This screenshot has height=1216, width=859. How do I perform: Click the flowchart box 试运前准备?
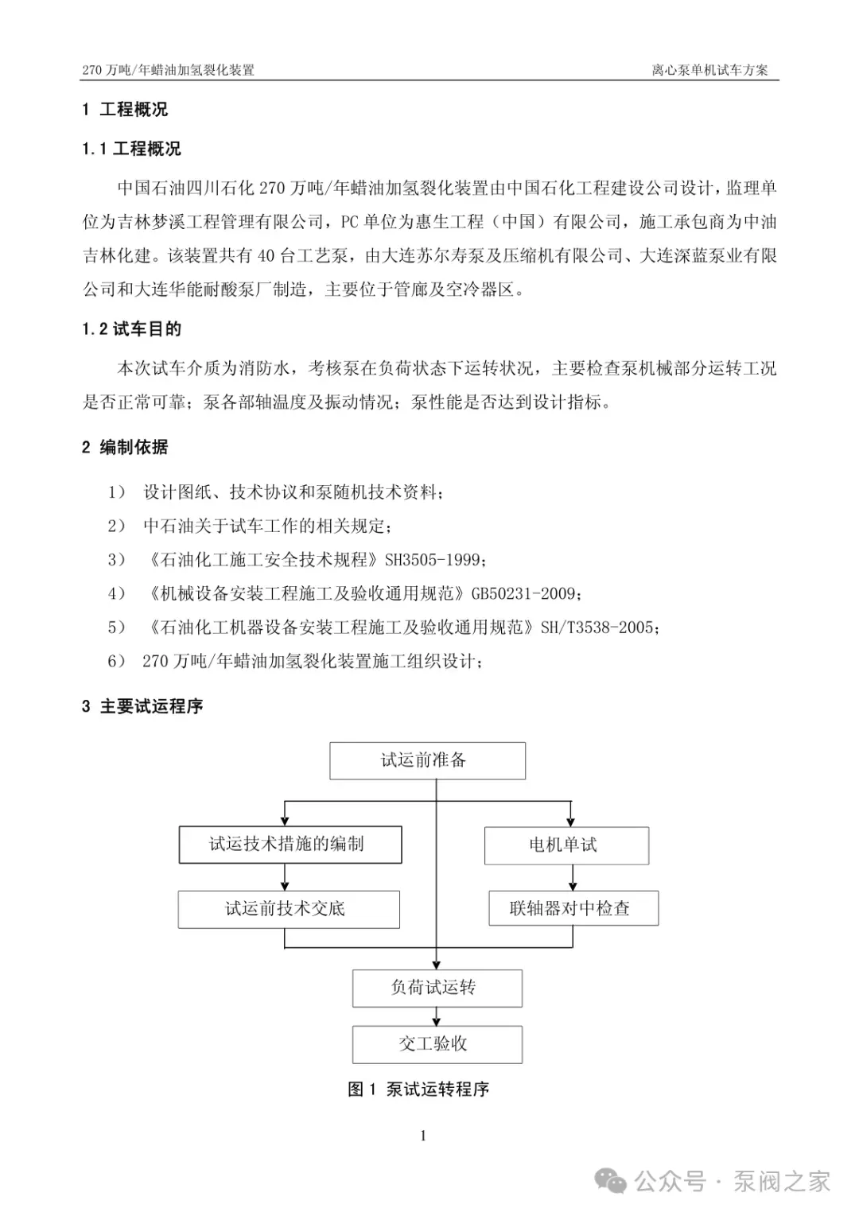tap(427, 760)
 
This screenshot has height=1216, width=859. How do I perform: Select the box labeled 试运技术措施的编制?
tap(290, 845)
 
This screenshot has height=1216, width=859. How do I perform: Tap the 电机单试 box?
tap(566, 845)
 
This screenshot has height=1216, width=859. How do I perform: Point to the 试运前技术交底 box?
tap(289, 909)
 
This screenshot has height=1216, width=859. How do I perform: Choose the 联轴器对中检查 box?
tap(573, 908)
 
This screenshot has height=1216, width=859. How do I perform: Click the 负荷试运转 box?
tap(437, 988)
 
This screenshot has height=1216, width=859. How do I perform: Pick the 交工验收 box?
tap(437, 1044)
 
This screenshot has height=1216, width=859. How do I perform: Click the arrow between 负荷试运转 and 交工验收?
tap(437, 1016)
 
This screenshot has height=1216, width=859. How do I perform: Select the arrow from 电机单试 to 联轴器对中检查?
tap(572, 878)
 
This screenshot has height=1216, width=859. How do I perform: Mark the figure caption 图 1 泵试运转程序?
tap(418, 1090)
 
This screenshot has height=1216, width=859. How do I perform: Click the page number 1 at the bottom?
tap(423, 1136)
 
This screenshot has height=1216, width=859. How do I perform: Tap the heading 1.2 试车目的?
tap(131, 329)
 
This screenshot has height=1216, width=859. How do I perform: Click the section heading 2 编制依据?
tap(125, 447)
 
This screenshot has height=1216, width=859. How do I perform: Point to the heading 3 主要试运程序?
tap(142, 706)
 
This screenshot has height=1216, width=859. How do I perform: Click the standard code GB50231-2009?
tap(524, 594)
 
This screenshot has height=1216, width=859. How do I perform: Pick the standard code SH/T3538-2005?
tap(597, 627)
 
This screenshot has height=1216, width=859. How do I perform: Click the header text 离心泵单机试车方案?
tap(709, 70)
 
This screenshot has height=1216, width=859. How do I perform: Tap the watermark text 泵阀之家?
tap(781, 1182)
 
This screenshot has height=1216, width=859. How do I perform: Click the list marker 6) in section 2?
tap(117, 661)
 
